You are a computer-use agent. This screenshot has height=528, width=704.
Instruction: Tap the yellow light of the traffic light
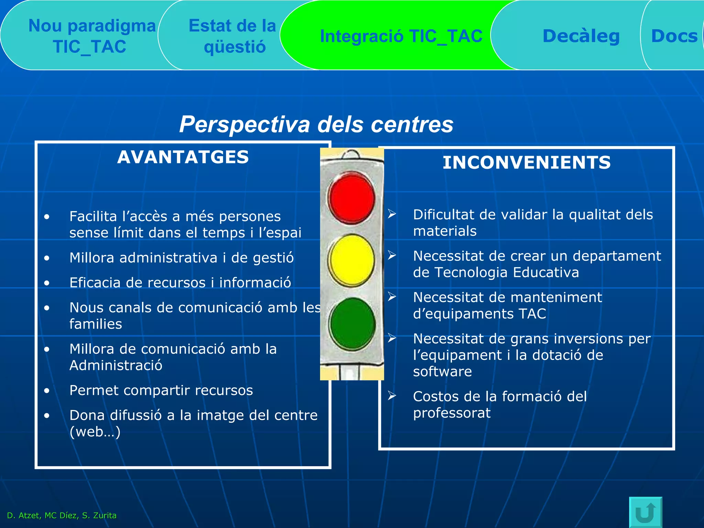351,261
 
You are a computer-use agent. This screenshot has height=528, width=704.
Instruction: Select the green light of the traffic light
352,324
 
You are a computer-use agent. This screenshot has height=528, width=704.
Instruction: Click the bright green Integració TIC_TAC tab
401,36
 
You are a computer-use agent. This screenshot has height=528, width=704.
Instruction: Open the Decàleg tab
581,36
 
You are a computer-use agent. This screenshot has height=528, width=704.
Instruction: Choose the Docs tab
674,36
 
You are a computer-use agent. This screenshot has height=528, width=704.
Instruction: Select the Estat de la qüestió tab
233,36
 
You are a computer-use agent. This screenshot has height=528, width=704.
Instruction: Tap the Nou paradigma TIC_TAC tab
91,36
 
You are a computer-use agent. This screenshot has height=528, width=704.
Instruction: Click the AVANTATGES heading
183,157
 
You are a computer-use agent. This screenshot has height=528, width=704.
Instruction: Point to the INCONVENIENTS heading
527,163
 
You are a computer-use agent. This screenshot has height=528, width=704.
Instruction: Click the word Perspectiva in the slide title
244,124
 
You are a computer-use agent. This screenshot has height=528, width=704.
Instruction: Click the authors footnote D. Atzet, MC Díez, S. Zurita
62,515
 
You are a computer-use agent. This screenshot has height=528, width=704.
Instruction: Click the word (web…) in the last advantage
95,432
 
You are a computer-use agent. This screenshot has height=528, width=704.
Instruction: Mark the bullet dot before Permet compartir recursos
47,390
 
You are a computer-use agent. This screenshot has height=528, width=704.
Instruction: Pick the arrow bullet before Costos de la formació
392,396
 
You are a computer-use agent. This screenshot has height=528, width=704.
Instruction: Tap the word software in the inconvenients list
442,372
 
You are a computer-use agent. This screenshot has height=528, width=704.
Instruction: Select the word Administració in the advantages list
116,365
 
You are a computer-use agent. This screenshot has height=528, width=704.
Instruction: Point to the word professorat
452,413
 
